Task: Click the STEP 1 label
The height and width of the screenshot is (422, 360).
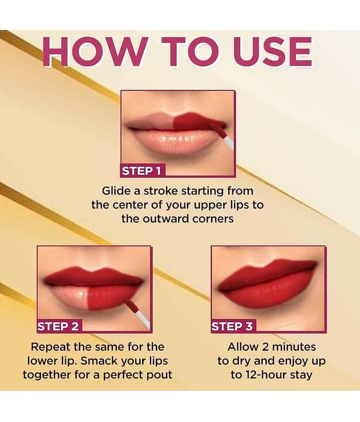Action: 142,170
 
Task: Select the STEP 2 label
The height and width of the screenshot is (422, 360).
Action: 58,326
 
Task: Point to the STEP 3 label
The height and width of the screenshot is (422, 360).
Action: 232,326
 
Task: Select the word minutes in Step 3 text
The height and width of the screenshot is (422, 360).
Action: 295,347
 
